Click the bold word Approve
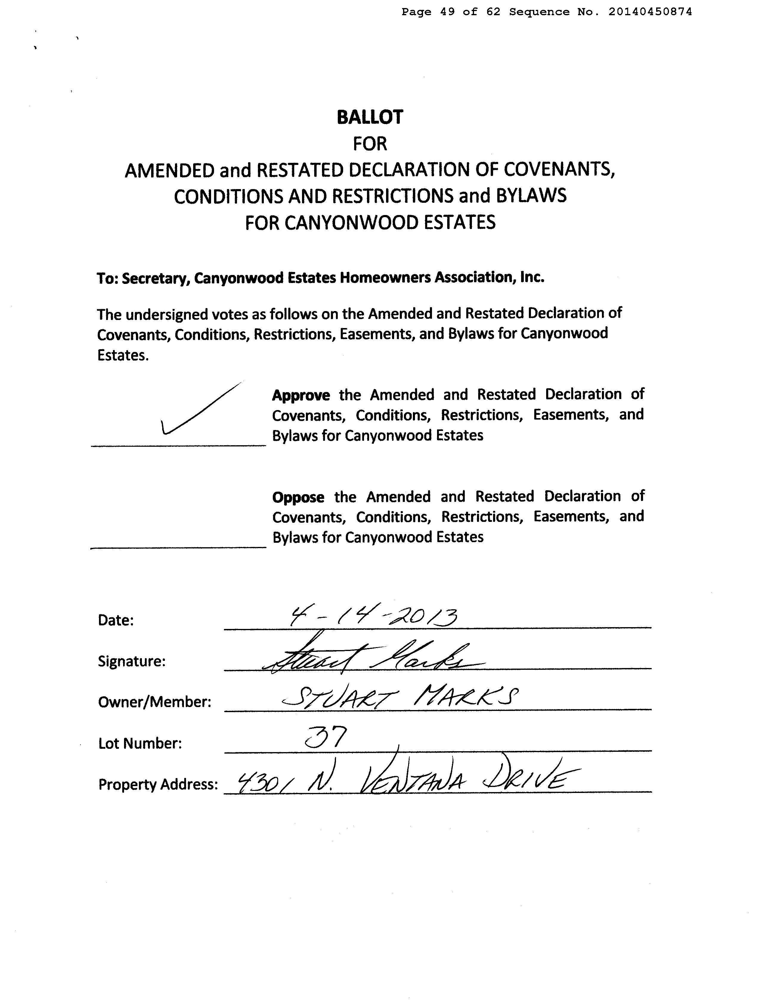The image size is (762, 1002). pyautogui.click(x=301, y=395)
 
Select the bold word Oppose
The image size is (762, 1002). pyautogui.click(x=298, y=498)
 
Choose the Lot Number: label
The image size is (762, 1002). pyautogui.click(x=140, y=743)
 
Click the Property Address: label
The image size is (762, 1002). pyautogui.click(x=158, y=784)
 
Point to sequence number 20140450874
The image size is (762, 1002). pyautogui.click(x=650, y=12)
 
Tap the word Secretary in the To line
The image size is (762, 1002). pyautogui.click(x=155, y=278)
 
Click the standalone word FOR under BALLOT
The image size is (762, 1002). pyautogui.click(x=370, y=144)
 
